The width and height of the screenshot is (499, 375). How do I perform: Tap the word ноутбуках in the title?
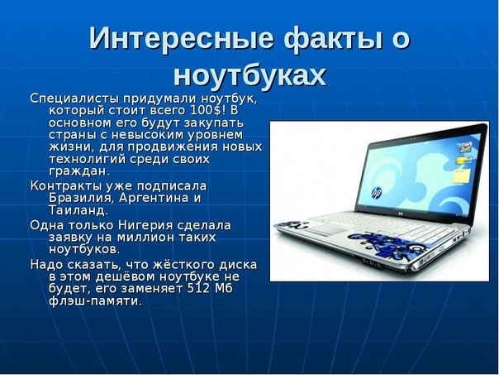pos(249,75)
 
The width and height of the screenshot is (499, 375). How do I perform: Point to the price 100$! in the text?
pos(208,110)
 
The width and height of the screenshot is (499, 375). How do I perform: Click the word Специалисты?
pos(75,99)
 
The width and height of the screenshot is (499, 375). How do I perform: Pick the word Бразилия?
pos(81,198)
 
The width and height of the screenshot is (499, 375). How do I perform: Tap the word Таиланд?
pos(78,210)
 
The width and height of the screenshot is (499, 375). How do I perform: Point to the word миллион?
pos(150,238)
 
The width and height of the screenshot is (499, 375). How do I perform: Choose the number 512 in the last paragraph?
pos(198,289)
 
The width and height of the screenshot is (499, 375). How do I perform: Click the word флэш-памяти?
pos(95,301)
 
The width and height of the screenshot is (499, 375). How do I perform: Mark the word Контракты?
pos(66,186)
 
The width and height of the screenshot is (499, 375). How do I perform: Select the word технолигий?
pos(87,159)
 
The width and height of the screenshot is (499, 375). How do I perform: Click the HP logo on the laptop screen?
pos(377,193)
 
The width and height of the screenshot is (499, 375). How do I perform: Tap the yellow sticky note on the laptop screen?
pos(461,176)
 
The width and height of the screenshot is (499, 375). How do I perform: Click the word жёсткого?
pos(180,265)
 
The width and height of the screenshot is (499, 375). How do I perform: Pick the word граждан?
pos(79,171)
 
